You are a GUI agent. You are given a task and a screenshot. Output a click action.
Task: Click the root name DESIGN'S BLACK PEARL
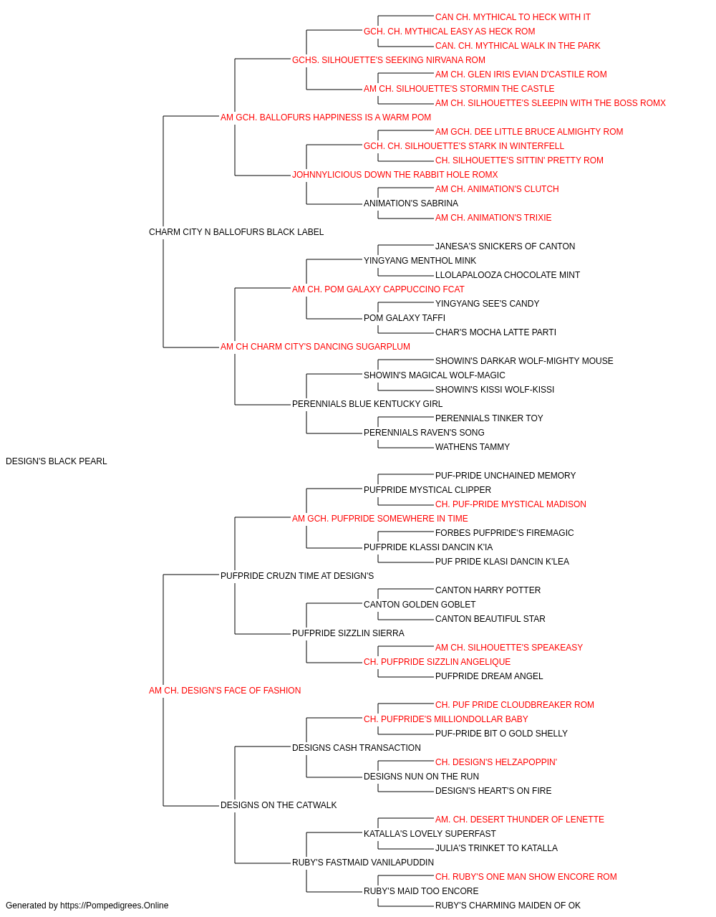[56, 461]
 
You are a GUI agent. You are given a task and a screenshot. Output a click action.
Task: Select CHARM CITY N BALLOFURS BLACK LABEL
[236, 231]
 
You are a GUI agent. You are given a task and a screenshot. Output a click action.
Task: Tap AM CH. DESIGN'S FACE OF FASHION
[225, 691]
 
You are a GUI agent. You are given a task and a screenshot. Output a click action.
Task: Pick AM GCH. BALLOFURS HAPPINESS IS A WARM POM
[326, 117]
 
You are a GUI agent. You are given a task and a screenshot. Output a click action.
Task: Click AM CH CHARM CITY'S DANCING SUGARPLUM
[315, 347]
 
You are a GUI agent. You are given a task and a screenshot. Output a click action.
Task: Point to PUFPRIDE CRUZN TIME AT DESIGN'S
[297, 575]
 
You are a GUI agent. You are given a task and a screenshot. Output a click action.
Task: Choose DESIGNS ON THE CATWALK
[279, 805]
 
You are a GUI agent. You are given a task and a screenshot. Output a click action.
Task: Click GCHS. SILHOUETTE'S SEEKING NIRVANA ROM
[388, 60]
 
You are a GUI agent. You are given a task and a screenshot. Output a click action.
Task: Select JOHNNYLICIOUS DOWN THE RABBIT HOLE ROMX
[395, 174]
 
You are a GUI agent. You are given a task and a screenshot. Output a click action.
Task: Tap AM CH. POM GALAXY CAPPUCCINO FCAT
[378, 289]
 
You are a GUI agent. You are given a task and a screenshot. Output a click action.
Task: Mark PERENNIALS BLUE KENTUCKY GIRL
[367, 404]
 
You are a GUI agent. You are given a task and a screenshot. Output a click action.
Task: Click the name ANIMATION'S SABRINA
[411, 203]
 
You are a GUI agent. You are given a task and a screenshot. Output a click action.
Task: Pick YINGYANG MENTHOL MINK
[420, 260]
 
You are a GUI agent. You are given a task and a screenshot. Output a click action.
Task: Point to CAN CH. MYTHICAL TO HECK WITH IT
[513, 17]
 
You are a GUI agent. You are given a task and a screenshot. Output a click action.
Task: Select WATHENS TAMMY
[473, 446]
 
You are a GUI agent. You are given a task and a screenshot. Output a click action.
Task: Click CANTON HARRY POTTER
[488, 590]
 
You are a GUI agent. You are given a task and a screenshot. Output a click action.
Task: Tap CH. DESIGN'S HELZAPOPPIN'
[496, 762]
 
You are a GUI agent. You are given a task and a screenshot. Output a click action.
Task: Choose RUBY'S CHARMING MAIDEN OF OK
[508, 906]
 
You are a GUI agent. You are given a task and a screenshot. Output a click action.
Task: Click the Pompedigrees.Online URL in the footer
[115, 906]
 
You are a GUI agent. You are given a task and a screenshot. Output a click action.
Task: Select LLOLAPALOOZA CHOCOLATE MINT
[507, 274]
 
